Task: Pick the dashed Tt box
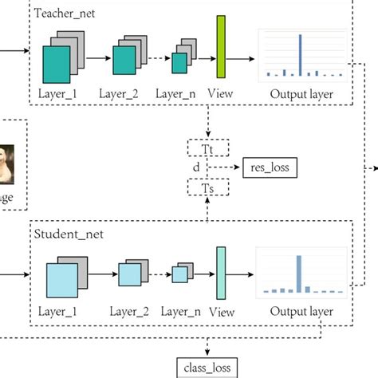pos(207,148)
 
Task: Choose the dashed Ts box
pos(207,188)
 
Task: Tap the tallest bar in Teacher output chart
pos(301,55)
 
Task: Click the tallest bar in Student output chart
pos(298,274)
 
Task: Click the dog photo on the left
pos(9,159)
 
